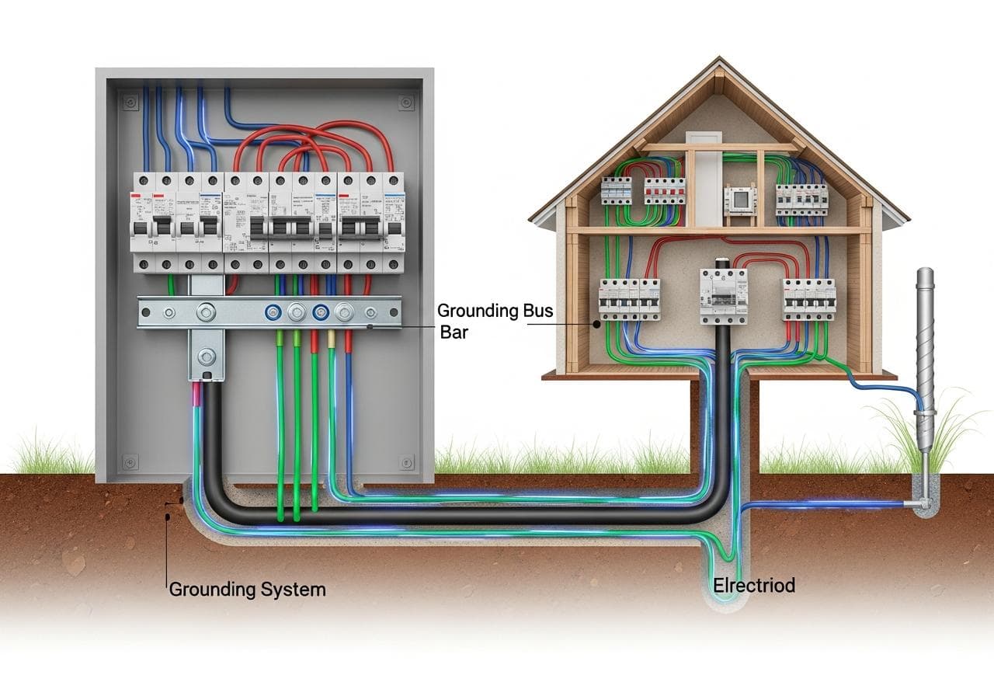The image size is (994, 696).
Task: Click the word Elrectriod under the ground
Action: coord(753,586)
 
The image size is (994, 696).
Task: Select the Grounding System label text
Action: coord(247,590)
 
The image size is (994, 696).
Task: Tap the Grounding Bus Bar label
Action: coord(495,320)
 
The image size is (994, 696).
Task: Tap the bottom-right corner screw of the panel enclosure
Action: coord(405,462)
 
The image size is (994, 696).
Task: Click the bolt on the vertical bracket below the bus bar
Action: coord(206,357)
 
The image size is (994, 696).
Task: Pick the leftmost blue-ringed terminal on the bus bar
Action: coord(273,313)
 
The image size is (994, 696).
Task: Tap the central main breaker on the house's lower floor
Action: coord(723,296)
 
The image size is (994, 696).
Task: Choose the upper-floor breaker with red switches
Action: coord(665,190)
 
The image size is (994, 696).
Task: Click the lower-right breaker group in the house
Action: coord(808,299)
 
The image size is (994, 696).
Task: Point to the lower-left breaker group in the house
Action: coord(629,299)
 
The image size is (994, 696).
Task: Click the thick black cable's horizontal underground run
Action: coord(466,515)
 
